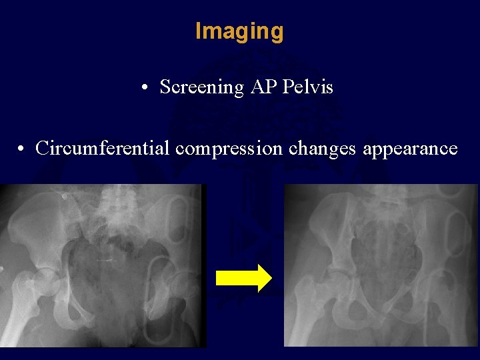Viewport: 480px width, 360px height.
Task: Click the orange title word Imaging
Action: (239, 31)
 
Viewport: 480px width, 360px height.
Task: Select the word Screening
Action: (202, 87)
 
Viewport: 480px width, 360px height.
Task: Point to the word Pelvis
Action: (309, 87)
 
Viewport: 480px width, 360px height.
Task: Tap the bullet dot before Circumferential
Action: (21, 149)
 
